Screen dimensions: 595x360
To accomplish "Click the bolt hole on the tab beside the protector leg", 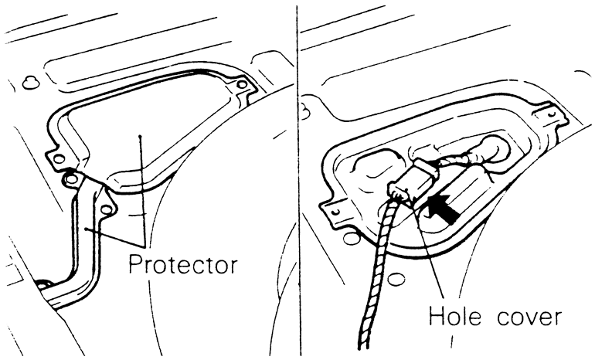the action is (x=106, y=206).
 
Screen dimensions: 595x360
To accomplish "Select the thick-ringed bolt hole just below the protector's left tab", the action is (x=70, y=179).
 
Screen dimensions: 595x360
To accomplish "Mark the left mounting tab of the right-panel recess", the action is (x=333, y=209).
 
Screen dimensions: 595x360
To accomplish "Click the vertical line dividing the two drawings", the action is (x=297, y=178).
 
